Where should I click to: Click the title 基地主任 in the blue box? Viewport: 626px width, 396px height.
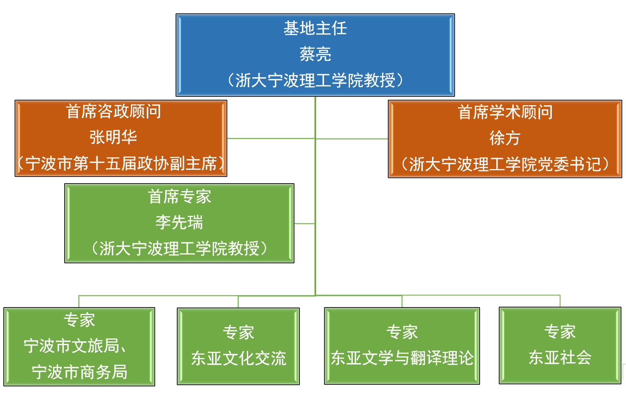(x=315, y=28)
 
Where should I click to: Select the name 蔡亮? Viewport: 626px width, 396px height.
(x=315, y=54)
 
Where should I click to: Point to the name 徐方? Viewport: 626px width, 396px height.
(x=505, y=138)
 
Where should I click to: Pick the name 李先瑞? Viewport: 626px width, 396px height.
(x=179, y=222)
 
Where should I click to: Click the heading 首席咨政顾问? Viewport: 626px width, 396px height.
(x=113, y=111)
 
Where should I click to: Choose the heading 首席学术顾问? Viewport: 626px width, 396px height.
(x=505, y=112)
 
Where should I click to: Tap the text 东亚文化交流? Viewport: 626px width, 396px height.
(x=239, y=358)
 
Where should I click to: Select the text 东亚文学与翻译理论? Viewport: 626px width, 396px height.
(x=402, y=358)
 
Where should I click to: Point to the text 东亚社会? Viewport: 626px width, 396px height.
(x=560, y=358)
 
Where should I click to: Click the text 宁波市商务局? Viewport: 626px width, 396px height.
(x=80, y=372)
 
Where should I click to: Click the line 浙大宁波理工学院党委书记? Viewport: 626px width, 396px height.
(x=505, y=164)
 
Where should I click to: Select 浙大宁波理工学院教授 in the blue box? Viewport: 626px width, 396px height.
(x=315, y=80)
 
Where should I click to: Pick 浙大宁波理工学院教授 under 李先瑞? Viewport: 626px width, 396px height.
(x=179, y=248)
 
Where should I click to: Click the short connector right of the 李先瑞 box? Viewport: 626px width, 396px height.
(x=304, y=223)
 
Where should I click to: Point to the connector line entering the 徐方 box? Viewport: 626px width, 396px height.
(x=352, y=139)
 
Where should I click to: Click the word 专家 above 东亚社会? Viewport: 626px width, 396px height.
(x=560, y=332)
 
